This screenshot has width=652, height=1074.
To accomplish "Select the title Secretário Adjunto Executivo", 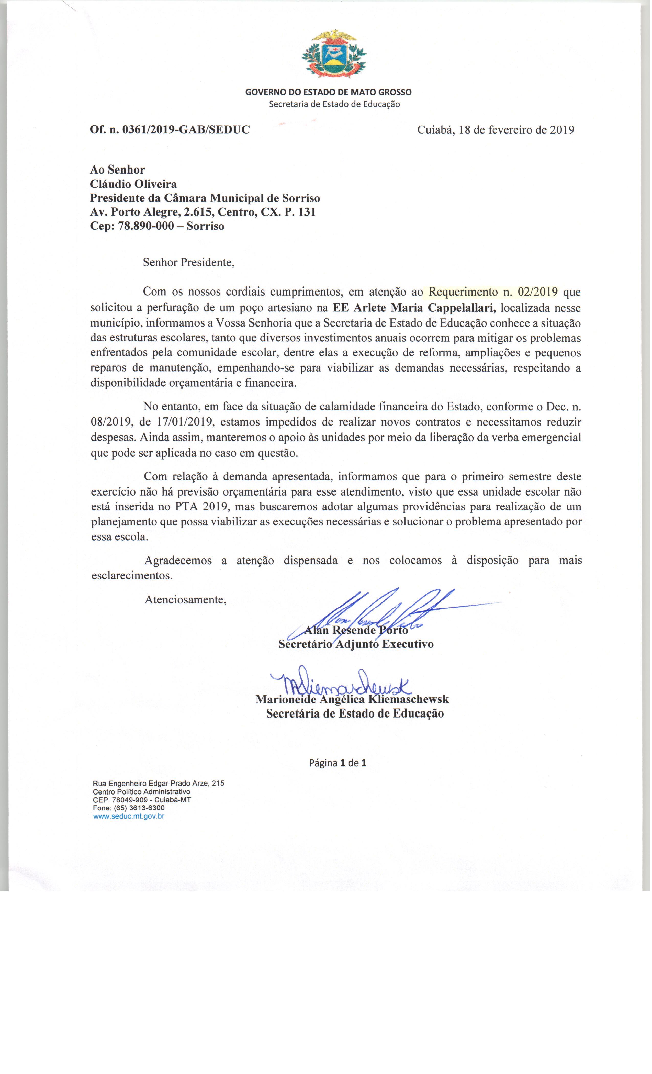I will pos(356,644).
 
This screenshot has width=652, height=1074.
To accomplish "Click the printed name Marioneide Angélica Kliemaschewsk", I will pos(352,699).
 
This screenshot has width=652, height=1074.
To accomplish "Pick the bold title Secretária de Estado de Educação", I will pos(355,713).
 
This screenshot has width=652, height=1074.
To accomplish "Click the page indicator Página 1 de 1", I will pos(337,763).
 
